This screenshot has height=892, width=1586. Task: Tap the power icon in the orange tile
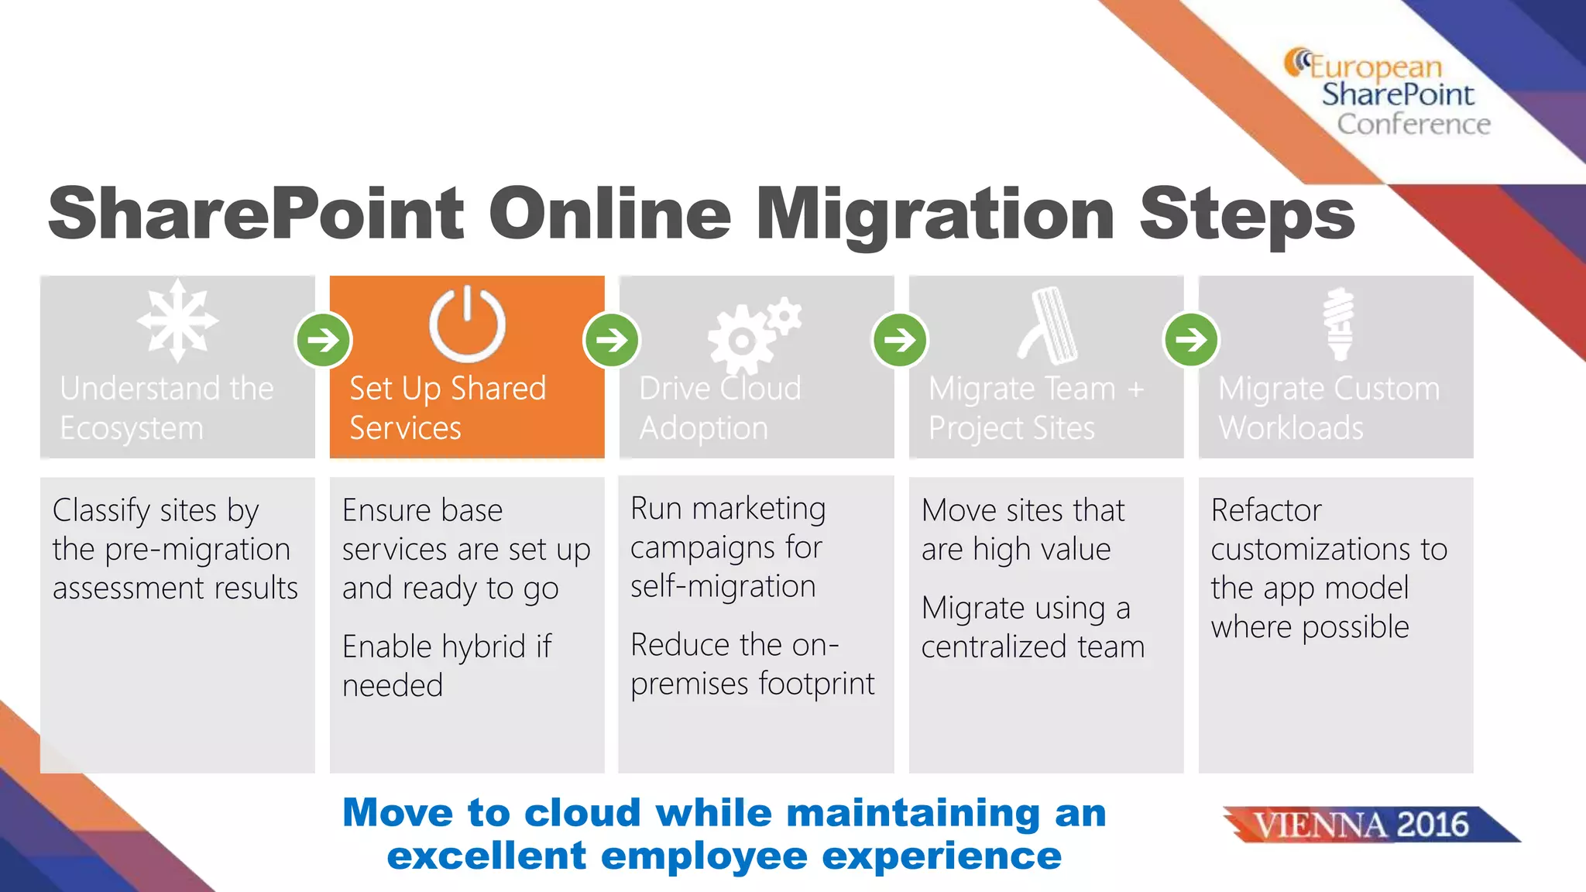467,324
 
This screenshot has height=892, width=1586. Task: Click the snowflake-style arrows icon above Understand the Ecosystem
177,321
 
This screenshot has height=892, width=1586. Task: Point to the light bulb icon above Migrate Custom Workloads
1339,324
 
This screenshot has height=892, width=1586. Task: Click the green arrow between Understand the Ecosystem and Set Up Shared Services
324,340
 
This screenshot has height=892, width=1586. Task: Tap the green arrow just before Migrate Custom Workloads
1191,340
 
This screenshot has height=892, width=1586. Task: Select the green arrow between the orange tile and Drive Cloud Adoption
612,340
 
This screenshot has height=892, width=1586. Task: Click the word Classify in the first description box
101,511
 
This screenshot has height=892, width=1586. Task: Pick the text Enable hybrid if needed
446,666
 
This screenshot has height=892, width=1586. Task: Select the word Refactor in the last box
1265,510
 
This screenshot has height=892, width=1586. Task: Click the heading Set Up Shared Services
447,408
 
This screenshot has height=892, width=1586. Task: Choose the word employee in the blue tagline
704,856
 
